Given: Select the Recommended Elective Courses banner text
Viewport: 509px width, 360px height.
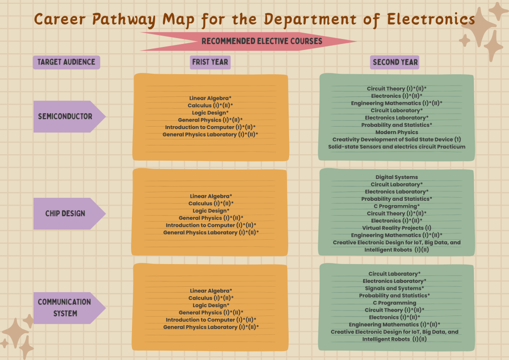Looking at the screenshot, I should [262, 41].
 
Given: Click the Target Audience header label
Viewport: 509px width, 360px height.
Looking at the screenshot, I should [66, 62].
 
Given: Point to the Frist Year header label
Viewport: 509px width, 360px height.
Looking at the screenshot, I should [210, 62].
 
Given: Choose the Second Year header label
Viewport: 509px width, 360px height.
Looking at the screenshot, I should [395, 62].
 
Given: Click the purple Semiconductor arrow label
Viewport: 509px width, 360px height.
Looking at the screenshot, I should [65, 117].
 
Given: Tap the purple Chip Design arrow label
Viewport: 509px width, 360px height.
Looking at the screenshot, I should [65, 214].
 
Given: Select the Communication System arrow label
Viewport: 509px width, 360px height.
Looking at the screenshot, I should [65, 307].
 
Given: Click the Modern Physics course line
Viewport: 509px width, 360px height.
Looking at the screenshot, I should [396, 132].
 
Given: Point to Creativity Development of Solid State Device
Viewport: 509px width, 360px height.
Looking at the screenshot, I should [396, 139].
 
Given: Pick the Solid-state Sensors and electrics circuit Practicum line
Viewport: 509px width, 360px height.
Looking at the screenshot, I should [396, 147].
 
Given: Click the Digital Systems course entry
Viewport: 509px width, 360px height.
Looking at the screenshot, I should [396, 177].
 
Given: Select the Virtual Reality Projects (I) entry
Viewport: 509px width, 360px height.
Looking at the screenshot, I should [396, 228].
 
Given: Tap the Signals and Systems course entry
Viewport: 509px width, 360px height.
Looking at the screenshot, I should [394, 288].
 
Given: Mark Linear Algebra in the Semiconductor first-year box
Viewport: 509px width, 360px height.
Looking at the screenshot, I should [210, 98].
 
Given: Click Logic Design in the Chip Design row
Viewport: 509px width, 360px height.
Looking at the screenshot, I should [211, 211].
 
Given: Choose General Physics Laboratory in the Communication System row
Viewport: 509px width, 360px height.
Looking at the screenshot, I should [211, 327].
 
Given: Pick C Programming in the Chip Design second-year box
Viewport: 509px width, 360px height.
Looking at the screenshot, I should [396, 206].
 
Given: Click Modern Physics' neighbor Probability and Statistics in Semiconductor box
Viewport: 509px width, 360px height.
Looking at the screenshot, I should [396, 125].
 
